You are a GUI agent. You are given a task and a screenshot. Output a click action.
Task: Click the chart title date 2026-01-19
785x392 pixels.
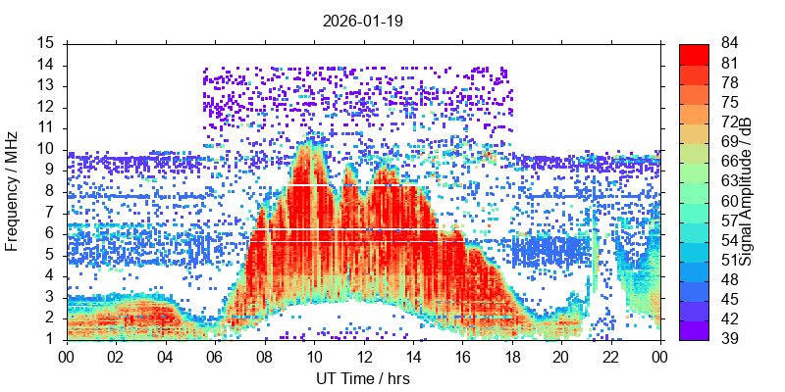click(x=363, y=20)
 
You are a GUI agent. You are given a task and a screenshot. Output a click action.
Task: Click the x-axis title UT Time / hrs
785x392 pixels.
click(x=363, y=378)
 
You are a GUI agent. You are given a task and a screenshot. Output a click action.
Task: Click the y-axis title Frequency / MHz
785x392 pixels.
click(x=13, y=191)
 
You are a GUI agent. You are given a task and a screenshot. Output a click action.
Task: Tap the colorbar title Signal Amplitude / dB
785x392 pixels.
click(x=747, y=191)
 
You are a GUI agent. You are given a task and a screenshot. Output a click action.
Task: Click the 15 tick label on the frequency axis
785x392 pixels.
click(x=45, y=43)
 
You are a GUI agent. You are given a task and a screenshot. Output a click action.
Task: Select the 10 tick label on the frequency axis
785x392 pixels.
click(x=45, y=149)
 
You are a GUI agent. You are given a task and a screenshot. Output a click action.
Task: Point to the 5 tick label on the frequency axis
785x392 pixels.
click(x=49, y=255)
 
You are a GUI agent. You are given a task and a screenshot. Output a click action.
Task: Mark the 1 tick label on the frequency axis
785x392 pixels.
click(x=49, y=339)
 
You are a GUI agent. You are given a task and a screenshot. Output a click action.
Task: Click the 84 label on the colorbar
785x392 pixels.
click(x=730, y=43)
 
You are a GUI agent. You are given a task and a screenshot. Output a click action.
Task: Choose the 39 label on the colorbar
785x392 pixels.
click(x=730, y=339)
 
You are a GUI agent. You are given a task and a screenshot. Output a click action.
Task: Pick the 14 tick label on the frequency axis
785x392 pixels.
click(x=45, y=65)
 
